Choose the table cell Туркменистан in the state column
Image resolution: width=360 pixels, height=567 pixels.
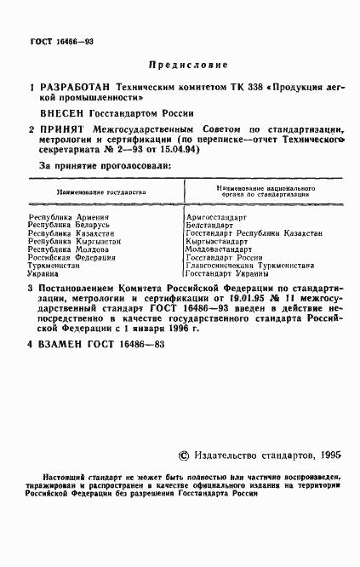55,265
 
